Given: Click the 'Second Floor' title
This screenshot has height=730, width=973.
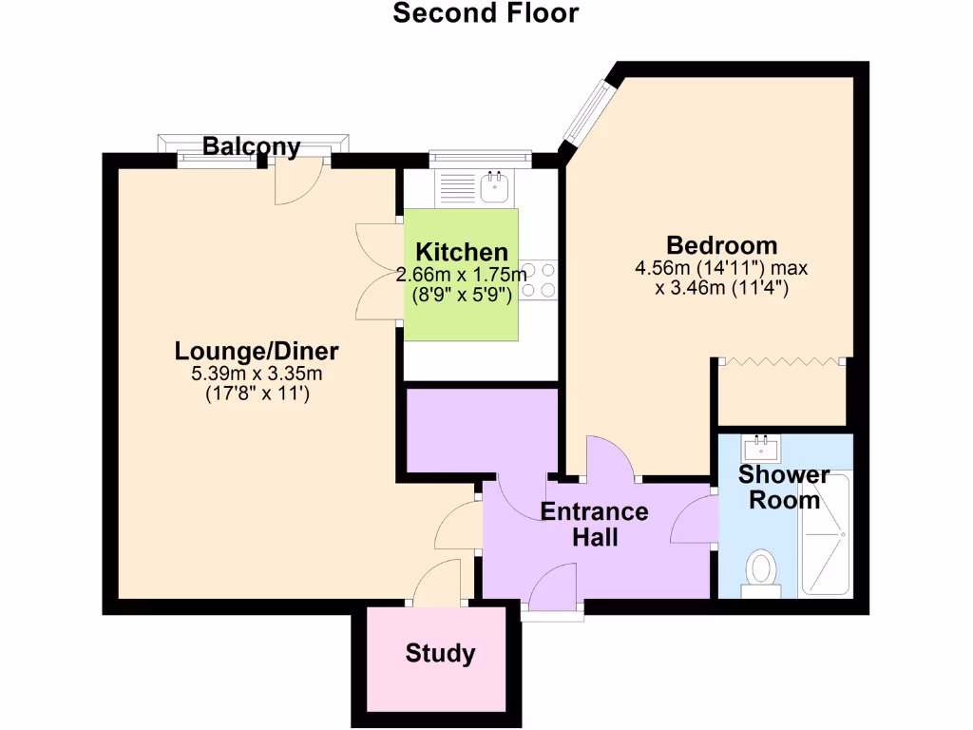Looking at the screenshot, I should [x=486, y=13].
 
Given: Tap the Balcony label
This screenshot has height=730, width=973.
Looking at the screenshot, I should [x=252, y=146].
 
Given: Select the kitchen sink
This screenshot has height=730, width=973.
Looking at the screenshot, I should [x=494, y=187].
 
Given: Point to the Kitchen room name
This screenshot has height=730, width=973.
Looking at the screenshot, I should [x=462, y=253].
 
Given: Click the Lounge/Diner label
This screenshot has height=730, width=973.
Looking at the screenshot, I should [x=257, y=351].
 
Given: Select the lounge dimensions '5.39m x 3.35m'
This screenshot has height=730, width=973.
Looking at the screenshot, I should [x=257, y=374].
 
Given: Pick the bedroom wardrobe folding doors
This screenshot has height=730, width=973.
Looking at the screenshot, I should [x=781, y=361].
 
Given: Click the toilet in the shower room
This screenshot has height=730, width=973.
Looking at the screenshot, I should [x=760, y=573].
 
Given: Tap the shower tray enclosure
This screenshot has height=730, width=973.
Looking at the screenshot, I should [x=825, y=535].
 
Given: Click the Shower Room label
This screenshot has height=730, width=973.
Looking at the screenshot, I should [x=784, y=487].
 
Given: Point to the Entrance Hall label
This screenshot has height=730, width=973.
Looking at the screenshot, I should [x=595, y=524].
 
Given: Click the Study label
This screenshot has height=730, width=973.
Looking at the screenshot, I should [x=440, y=654].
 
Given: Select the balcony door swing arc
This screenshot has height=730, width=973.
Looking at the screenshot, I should [x=296, y=186].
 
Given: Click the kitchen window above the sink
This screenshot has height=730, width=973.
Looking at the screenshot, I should [x=479, y=158].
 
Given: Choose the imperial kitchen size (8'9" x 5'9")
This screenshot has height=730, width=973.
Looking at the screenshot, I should [x=462, y=295].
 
